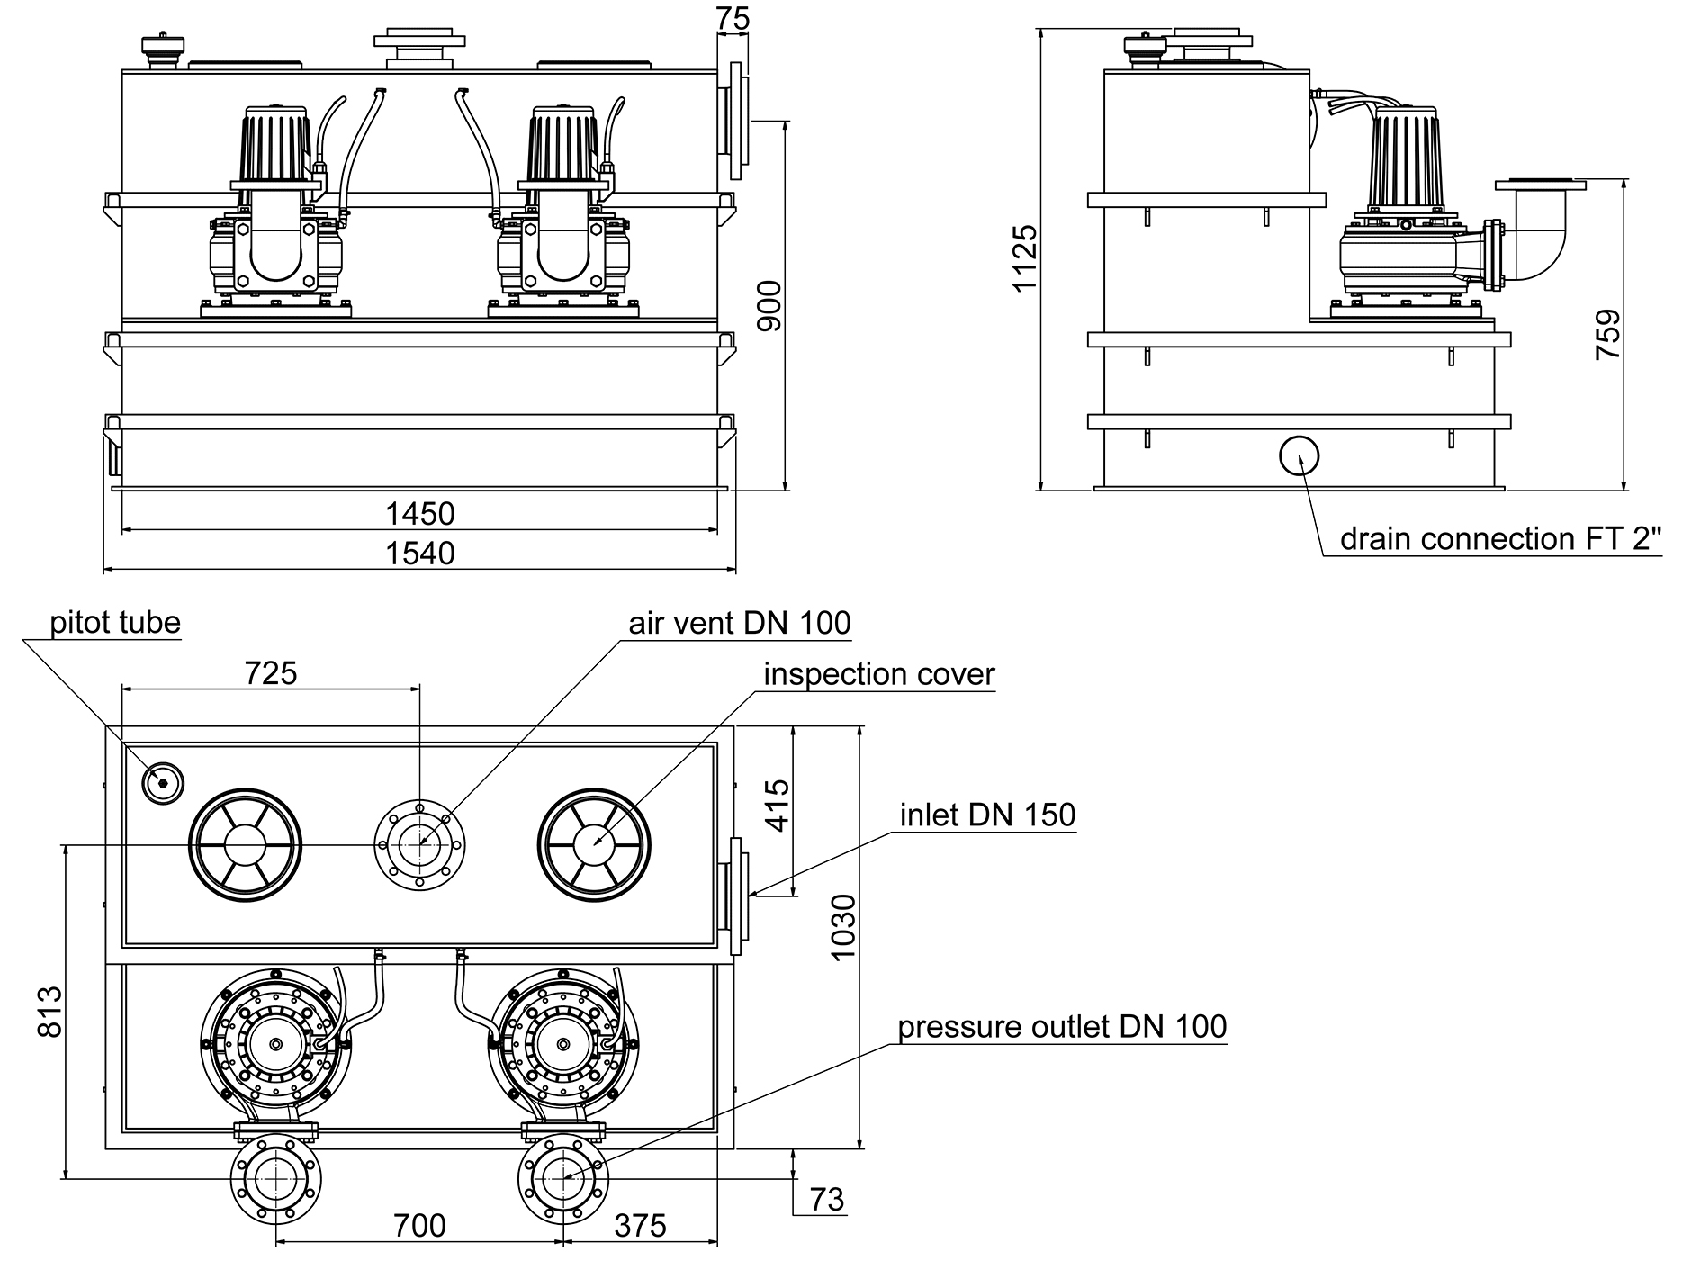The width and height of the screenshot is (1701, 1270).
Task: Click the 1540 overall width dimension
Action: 420,553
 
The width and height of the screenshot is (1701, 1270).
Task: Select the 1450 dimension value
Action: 420,514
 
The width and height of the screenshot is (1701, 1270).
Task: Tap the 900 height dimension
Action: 769,305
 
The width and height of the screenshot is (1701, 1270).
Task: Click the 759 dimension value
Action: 1607,335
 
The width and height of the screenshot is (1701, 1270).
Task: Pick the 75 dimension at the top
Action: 733,19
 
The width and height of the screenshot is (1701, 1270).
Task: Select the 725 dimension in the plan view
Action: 271,672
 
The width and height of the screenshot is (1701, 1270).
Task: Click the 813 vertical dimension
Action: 50,1011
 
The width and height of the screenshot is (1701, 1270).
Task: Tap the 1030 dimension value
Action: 842,927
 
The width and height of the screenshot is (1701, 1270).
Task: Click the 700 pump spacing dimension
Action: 420,1225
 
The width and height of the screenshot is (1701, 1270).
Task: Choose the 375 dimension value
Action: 641,1225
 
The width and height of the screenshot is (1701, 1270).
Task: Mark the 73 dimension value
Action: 827,1199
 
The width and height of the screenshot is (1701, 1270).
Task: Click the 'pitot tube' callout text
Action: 115,622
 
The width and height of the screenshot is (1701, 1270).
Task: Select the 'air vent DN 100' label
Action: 739,622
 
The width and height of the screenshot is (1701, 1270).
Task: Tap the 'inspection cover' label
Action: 879,673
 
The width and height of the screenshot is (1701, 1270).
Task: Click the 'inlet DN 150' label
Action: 987,815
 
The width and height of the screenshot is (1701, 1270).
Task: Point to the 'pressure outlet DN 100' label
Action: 1062,1026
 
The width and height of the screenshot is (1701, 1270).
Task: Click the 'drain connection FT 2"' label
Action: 1500,538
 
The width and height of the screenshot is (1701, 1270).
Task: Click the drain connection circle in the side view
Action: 1299,456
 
